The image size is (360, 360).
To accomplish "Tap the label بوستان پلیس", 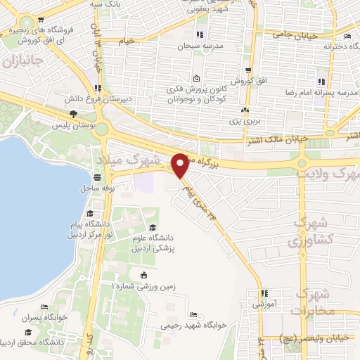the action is click(x=72, y=125).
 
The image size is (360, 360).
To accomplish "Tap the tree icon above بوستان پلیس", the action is click(x=72, y=115).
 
